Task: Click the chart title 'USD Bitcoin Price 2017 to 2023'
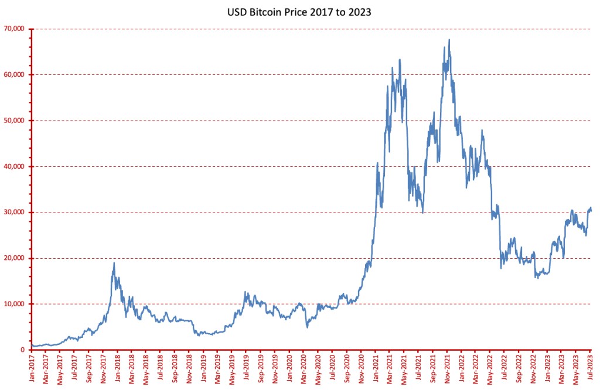point(299,11)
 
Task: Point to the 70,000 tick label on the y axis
point(15,29)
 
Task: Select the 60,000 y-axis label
point(15,74)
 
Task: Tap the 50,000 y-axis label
point(15,121)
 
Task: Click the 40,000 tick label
point(15,166)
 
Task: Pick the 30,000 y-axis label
point(15,212)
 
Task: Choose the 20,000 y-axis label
point(15,258)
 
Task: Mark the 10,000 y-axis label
point(15,304)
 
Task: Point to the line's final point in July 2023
point(591,211)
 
